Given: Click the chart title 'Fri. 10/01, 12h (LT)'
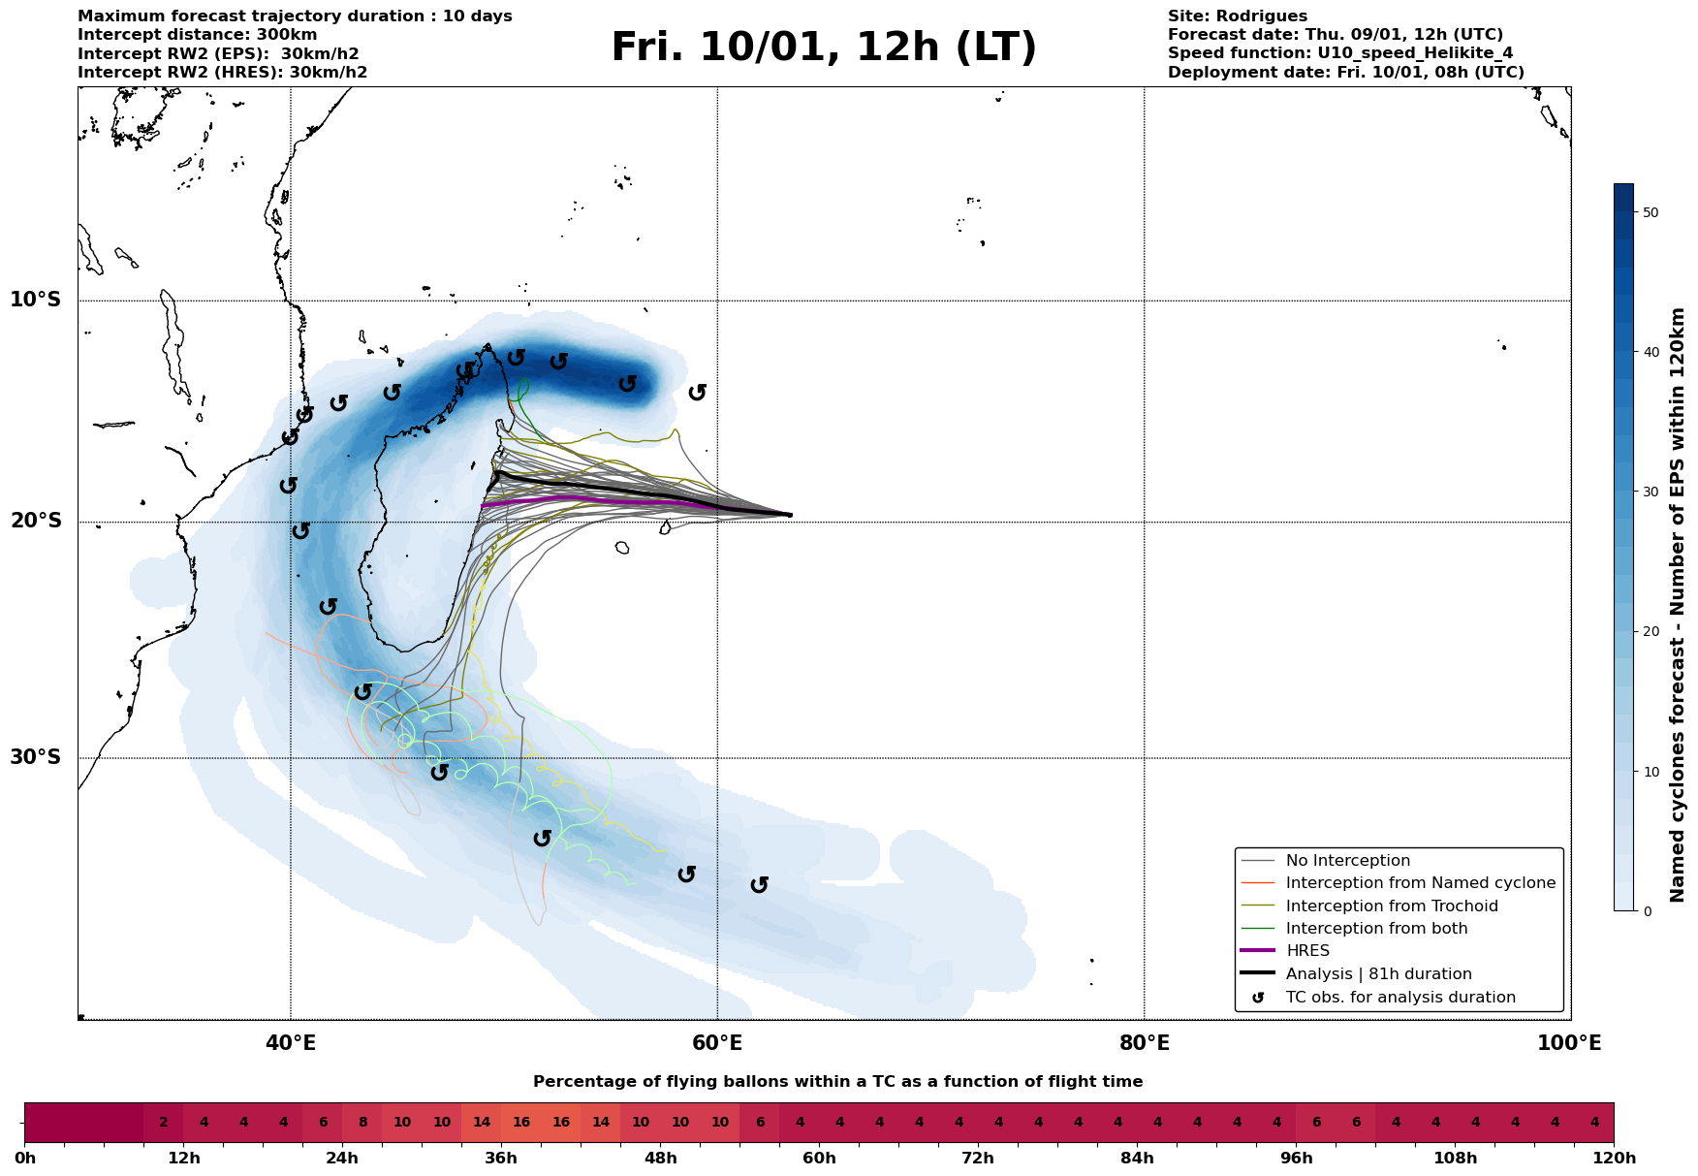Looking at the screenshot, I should (823, 48).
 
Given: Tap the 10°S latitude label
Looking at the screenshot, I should (36, 300).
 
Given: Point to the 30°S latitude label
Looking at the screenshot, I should (36, 757).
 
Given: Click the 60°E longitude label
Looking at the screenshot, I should (717, 1043).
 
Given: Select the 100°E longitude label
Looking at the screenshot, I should (1569, 1043).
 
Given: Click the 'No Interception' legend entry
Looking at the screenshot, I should (1347, 861).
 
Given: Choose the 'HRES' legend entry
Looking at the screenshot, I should (1307, 951).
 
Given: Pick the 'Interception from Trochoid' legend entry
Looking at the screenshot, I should (1391, 906).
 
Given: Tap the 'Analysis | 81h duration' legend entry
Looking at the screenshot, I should (1378, 974).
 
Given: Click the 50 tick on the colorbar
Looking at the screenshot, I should (1651, 212).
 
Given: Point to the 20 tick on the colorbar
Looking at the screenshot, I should (1651, 631).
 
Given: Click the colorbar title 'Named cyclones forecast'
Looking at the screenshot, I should (1679, 605).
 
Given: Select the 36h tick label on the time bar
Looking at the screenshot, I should (501, 1159).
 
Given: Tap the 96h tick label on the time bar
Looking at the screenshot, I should (1296, 1159).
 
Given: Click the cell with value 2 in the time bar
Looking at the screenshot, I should (164, 1123).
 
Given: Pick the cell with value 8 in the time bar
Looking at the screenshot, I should (362, 1123).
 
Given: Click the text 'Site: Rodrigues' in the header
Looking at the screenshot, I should (1237, 16).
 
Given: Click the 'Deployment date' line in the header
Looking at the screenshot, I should (1345, 73).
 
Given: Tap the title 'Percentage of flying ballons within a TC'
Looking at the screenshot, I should (837, 1082).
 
